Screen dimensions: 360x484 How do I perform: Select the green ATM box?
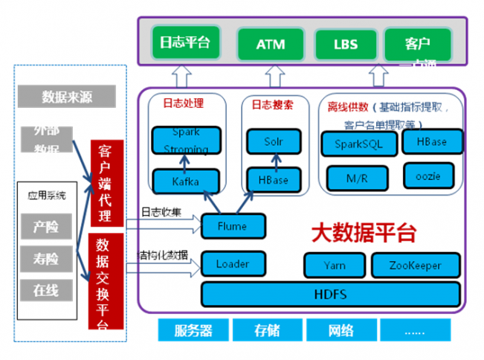point(271,44)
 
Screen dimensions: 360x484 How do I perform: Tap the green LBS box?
point(346,44)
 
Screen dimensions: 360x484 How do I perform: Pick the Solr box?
point(273,141)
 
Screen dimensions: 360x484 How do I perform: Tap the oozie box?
point(429,176)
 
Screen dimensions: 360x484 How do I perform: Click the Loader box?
point(233,263)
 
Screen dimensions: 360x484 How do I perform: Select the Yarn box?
point(335,265)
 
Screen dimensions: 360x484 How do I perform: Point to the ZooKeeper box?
point(416,265)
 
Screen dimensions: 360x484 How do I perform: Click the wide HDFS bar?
point(329,294)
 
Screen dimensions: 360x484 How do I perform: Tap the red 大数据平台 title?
point(362,232)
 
